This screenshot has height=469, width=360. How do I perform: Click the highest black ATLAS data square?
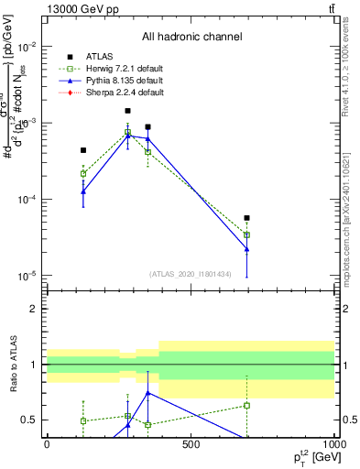coord(127,111)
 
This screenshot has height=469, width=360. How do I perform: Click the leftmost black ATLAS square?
coord(83,150)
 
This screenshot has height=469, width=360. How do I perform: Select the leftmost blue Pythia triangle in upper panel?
coord(83,191)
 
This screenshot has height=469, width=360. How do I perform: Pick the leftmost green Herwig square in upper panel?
coord(83,173)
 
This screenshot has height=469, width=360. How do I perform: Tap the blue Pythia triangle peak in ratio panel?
coord(147,393)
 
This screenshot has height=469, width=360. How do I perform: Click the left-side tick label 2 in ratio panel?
coord(35,309)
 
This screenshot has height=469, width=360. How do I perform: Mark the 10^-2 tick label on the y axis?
coord(26,47)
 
